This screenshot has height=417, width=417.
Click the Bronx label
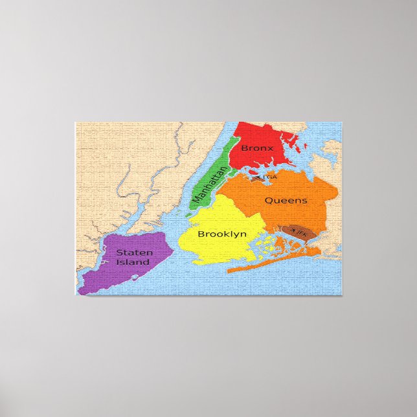click(x=257, y=148)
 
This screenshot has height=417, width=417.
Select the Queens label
click(x=286, y=201)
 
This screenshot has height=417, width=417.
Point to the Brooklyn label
click(x=222, y=234)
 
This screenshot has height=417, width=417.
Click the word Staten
click(x=134, y=252)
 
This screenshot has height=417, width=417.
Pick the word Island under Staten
click(x=133, y=262)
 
